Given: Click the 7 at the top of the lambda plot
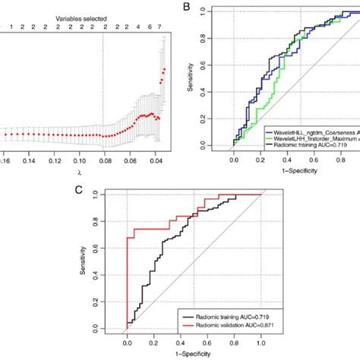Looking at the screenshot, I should [160, 27].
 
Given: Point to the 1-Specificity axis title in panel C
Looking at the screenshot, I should [194, 353].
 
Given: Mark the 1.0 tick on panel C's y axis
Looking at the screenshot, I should [95, 194].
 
